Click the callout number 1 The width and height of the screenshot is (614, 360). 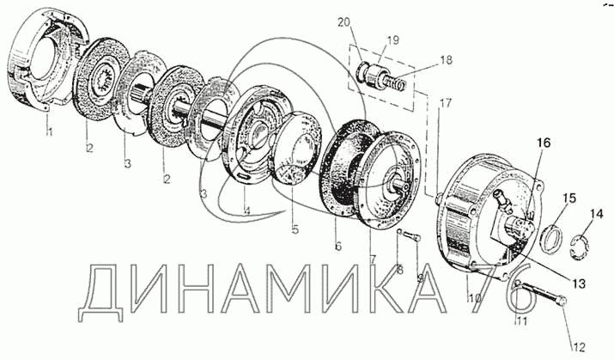pos(49,131)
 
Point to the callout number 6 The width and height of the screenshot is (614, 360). pos(337,247)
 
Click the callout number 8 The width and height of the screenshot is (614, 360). pos(399,270)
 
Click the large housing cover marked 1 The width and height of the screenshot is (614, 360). pos(39,69)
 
